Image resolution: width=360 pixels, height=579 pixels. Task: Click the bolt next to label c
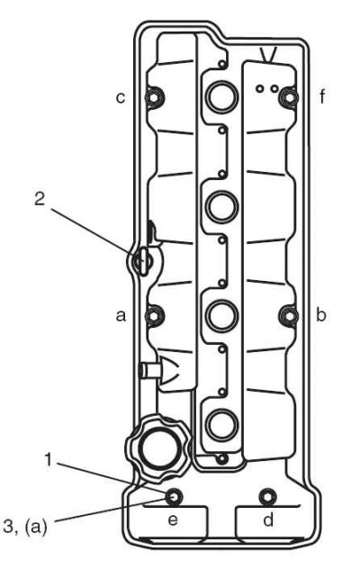(x=154, y=97)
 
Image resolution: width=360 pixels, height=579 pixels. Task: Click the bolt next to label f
(x=289, y=96)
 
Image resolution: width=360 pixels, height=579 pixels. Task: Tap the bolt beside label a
(x=154, y=316)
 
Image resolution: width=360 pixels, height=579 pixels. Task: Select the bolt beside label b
(x=289, y=316)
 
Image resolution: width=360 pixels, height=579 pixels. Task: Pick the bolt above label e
(x=173, y=497)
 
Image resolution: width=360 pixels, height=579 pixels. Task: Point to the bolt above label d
(x=267, y=497)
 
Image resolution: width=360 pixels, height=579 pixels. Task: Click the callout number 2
(x=40, y=199)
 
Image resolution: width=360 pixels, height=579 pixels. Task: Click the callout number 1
(x=48, y=460)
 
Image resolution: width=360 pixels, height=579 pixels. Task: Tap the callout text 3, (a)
(x=25, y=526)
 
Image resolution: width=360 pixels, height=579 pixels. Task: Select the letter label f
(x=323, y=96)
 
